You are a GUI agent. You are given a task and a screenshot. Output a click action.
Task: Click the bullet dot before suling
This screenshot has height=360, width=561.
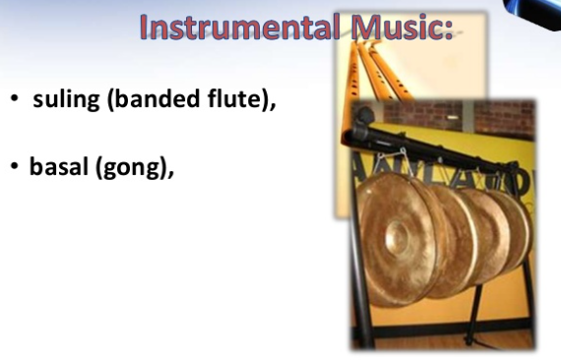click(15, 100)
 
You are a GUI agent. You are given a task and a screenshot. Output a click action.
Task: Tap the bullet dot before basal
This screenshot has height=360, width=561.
click(15, 167)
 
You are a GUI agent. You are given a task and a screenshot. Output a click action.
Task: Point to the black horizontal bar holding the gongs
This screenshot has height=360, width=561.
click(443, 147)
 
